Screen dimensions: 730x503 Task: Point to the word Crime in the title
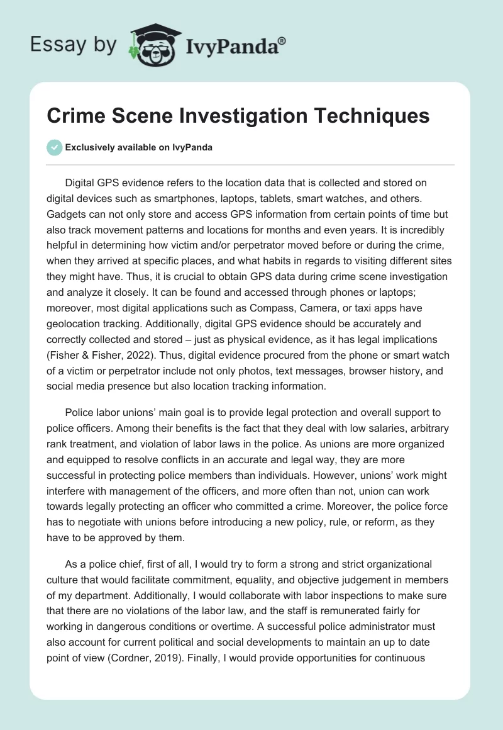75,116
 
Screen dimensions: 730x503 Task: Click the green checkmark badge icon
55,147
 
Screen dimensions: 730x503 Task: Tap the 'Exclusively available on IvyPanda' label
139,147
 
